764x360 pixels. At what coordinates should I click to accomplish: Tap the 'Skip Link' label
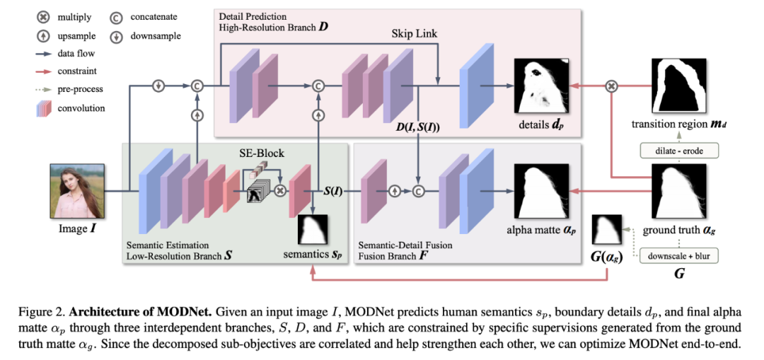click(415, 34)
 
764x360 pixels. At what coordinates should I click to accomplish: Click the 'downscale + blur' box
click(678, 256)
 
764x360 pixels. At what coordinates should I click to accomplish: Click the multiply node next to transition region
click(613, 86)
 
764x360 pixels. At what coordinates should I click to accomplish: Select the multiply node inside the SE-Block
click(281, 191)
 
